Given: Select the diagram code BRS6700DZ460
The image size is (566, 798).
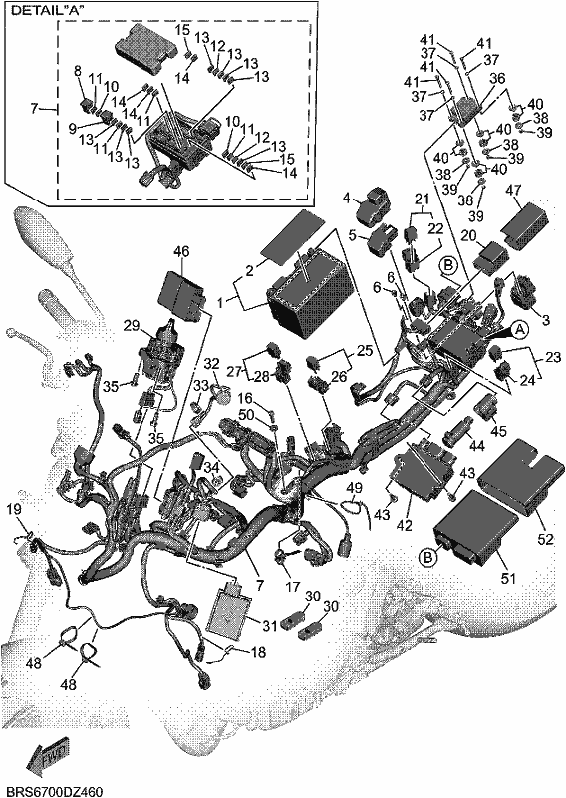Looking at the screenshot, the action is point(52,792).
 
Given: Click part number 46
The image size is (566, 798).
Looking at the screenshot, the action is point(181,252).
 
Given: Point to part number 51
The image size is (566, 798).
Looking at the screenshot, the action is point(508,578).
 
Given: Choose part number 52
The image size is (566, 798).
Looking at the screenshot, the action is point(545,538).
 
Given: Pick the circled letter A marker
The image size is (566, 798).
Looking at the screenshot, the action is point(520,330).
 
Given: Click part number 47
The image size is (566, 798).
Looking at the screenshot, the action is point(513,191).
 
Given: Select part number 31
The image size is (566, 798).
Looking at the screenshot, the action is point(270,625).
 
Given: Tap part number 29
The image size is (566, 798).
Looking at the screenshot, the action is point(132,326).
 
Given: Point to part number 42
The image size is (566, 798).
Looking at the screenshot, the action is point(405,525).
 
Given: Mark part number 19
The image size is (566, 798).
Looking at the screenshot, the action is point(16,509).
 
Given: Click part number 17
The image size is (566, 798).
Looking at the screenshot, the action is point(293,587).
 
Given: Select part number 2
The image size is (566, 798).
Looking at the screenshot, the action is point(249,270).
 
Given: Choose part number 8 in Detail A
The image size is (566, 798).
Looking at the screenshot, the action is point(78,71).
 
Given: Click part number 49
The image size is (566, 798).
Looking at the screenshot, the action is point(355,488).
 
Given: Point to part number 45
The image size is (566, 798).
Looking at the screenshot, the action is point(499,431).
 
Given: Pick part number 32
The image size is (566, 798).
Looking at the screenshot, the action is point(211,363).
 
